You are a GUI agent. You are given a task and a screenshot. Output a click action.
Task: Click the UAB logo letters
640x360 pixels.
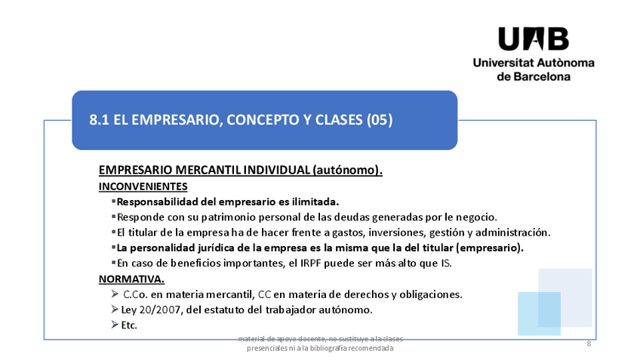pyautogui.click(x=533, y=38)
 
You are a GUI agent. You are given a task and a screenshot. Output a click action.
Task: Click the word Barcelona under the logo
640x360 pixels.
pyautogui.click(x=545, y=76)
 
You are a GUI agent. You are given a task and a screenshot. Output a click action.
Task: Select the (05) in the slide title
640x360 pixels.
pyautogui.click(x=379, y=120)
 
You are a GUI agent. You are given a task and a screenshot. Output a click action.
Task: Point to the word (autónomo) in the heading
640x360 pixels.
pyautogui.click(x=347, y=171)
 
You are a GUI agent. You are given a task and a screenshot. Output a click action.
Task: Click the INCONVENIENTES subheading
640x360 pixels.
pyautogui.click(x=143, y=186)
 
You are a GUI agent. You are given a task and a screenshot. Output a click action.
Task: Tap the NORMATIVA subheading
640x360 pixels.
pyautogui.click(x=131, y=278)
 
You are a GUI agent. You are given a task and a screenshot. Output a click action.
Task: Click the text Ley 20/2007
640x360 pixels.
pyautogui.click(x=150, y=309)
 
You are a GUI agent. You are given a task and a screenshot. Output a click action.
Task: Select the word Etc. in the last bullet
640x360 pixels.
pyautogui.click(x=129, y=325)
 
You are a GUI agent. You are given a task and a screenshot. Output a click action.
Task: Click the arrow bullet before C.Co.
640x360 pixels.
pyautogui.click(x=115, y=294)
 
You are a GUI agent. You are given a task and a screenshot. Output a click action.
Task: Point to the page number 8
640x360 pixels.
pyautogui.click(x=589, y=343)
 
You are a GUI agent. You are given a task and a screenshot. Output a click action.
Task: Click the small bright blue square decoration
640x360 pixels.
pyautogui.click(x=539, y=313)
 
